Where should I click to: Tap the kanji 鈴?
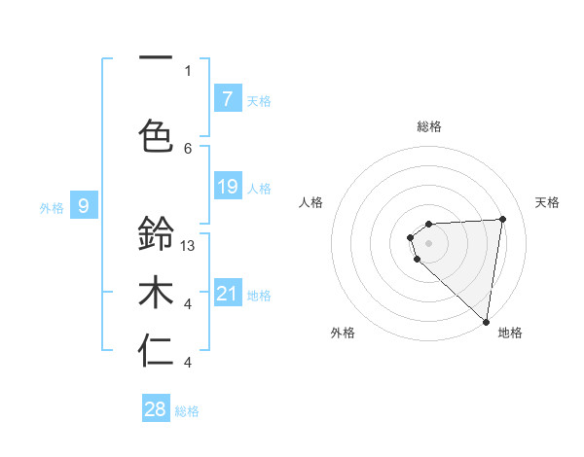coord(156,234)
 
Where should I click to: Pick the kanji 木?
coord(156,293)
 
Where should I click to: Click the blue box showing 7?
coord(227,99)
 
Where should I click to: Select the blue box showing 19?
coord(227,187)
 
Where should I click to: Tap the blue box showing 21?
coord(227,294)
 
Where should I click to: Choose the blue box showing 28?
coord(156,409)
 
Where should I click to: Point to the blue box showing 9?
coord(84,206)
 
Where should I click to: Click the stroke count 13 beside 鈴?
coord(189,246)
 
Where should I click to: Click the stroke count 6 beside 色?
coord(188,148)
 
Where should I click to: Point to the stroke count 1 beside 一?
coord(188,70)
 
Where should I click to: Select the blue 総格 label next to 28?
coord(187,411)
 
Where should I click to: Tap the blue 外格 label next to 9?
coord(51,207)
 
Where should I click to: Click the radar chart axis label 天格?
coord(547,202)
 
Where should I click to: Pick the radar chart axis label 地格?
coord(510,333)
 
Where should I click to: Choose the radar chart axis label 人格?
coord(311,202)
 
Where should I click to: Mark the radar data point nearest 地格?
coord(486,321)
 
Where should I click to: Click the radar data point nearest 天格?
coord(502,219)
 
